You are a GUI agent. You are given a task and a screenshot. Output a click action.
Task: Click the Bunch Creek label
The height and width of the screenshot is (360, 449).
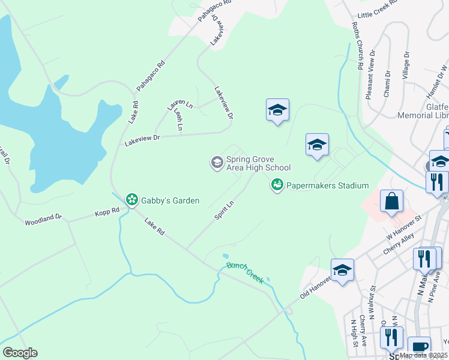(245, 273)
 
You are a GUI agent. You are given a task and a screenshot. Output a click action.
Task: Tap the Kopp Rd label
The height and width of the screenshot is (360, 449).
(107, 212)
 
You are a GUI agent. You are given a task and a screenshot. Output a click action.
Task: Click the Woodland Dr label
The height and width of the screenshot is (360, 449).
(43, 220)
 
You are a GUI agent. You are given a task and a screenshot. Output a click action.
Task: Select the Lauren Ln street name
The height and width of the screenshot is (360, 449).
(179, 104)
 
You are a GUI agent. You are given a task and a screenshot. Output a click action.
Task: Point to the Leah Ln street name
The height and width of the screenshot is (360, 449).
(178, 119)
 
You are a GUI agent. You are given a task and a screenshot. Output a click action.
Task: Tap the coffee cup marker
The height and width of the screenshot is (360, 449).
(419, 347)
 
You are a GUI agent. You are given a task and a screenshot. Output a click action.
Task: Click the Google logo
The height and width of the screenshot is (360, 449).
(20, 353)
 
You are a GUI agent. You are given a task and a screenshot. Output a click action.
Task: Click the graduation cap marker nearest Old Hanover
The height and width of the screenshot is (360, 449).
(342, 271)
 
